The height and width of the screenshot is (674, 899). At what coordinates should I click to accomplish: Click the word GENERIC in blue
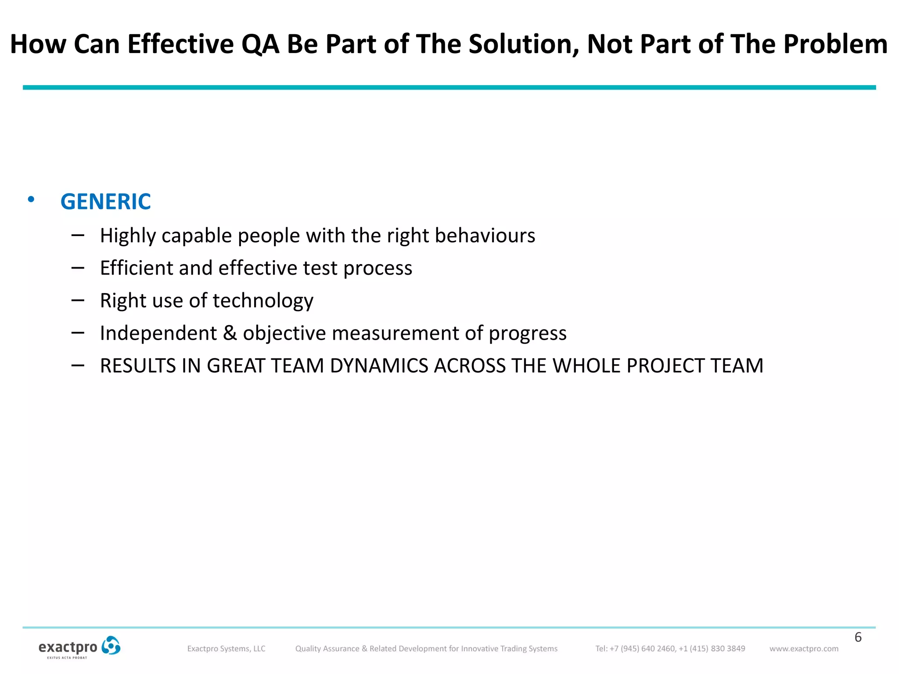pos(105,202)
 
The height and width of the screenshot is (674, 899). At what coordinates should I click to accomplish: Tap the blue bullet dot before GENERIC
pos(31,200)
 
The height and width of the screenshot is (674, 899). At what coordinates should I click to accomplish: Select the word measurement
pos(395,333)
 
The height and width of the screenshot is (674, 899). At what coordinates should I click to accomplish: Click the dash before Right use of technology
pos(78,301)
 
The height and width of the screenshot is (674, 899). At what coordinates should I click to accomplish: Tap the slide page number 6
pos(858,637)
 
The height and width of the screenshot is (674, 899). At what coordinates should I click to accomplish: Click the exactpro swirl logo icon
pos(111,645)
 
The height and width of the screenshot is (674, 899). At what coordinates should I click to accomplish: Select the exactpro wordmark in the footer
pos(68,647)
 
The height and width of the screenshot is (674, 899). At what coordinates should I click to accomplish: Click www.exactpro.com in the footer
pos(803,649)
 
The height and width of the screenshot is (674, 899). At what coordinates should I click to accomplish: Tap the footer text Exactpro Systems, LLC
pos(226,649)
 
